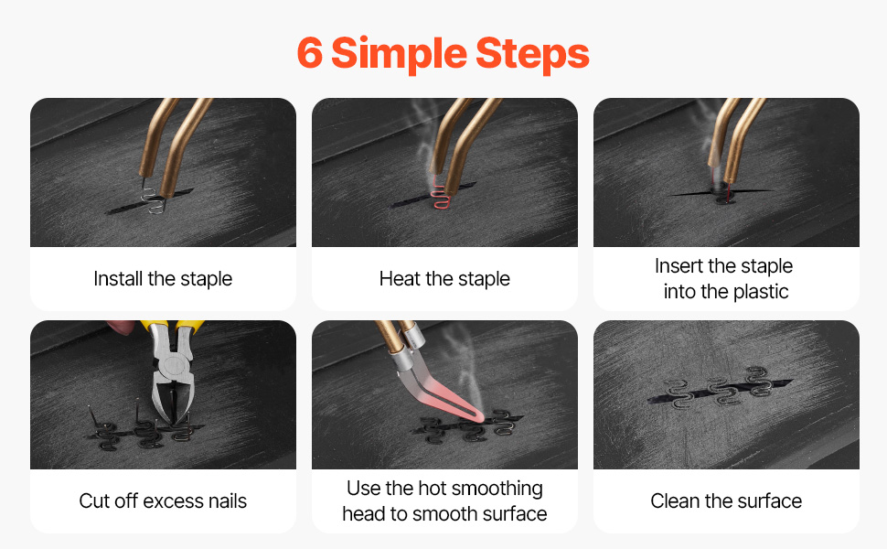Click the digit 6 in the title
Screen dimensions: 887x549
coord(309,53)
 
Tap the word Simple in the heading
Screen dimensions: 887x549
coord(399,55)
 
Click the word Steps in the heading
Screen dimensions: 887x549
coord(532,55)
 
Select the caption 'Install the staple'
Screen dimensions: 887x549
coord(163,278)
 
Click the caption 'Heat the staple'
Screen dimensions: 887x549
coord(444,278)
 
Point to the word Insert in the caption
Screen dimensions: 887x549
coord(679,265)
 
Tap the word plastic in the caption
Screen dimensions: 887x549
coord(760,292)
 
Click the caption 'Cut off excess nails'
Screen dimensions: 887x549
coord(163,501)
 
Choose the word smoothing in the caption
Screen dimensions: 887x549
coord(497,489)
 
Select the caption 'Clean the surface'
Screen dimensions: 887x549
coord(726,501)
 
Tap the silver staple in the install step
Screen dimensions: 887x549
coord(153,201)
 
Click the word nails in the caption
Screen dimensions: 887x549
coord(228,501)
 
